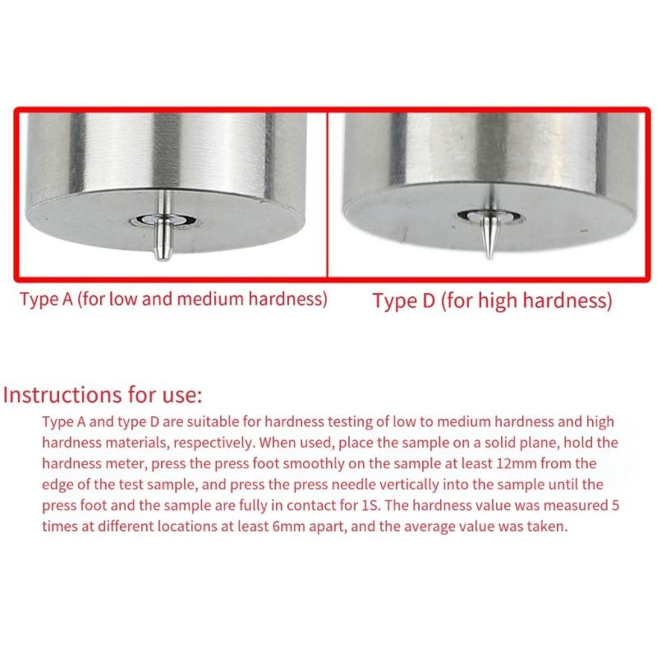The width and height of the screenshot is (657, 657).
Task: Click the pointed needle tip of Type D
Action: coord(489,256)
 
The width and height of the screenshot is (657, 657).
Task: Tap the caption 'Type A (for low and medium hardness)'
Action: coord(173,300)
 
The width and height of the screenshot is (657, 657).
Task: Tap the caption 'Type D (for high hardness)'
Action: coord(492,301)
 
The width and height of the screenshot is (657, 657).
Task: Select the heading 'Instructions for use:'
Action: coord(103,395)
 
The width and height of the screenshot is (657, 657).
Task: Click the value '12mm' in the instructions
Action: coord(517,463)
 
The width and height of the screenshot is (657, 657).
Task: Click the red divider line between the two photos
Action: coord(327,195)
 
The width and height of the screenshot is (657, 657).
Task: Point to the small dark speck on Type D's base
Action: coord(584,230)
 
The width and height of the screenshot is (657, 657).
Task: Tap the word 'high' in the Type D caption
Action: coord(498,301)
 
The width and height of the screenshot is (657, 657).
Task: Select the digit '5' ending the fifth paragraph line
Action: coord(614,505)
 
